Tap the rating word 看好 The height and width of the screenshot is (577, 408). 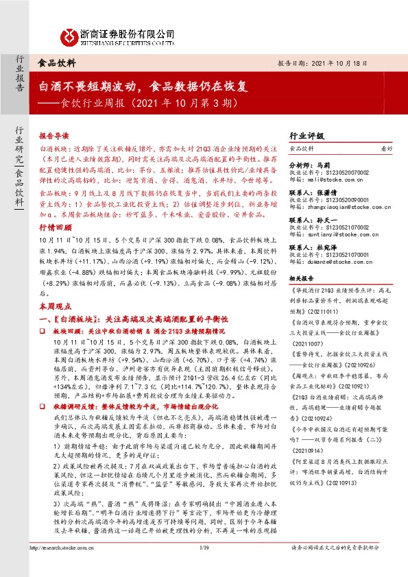[387, 149]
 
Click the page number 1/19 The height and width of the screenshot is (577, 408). [204, 566]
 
